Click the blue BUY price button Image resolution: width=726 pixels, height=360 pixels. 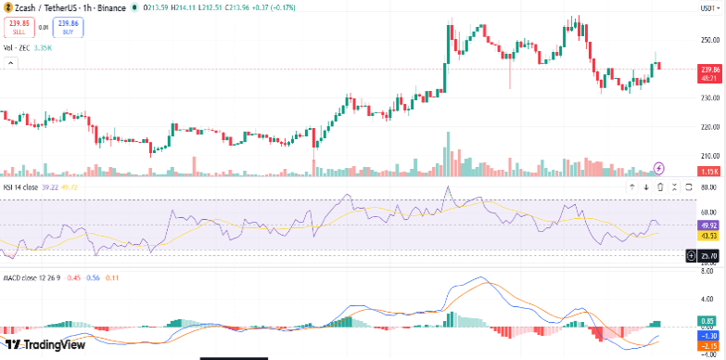pyautogui.click(x=68, y=27)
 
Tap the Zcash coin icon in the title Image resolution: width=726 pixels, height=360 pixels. pyautogui.click(x=6, y=7)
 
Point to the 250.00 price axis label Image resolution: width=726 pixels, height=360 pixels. pyautogui.click(x=710, y=40)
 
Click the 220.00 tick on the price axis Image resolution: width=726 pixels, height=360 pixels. pyautogui.click(x=710, y=126)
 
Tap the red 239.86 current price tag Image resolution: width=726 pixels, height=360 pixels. pyautogui.click(x=709, y=70)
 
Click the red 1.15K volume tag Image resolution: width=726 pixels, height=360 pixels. pyautogui.click(x=709, y=172)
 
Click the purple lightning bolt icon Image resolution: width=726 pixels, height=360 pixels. pyautogui.click(x=659, y=168)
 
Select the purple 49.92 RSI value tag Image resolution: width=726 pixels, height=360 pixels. pyautogui.click(x=709, y=225)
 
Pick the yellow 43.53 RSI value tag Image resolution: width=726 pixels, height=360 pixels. pyautogui.click(x=709, y=236)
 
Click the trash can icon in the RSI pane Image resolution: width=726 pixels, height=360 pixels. pyautogui.click(x=660, y=186)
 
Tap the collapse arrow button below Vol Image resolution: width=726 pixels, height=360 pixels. pyautogui.click(x=12, y=62)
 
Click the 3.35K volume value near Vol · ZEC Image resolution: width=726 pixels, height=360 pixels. pyautogui.click(x=42, y=46)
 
